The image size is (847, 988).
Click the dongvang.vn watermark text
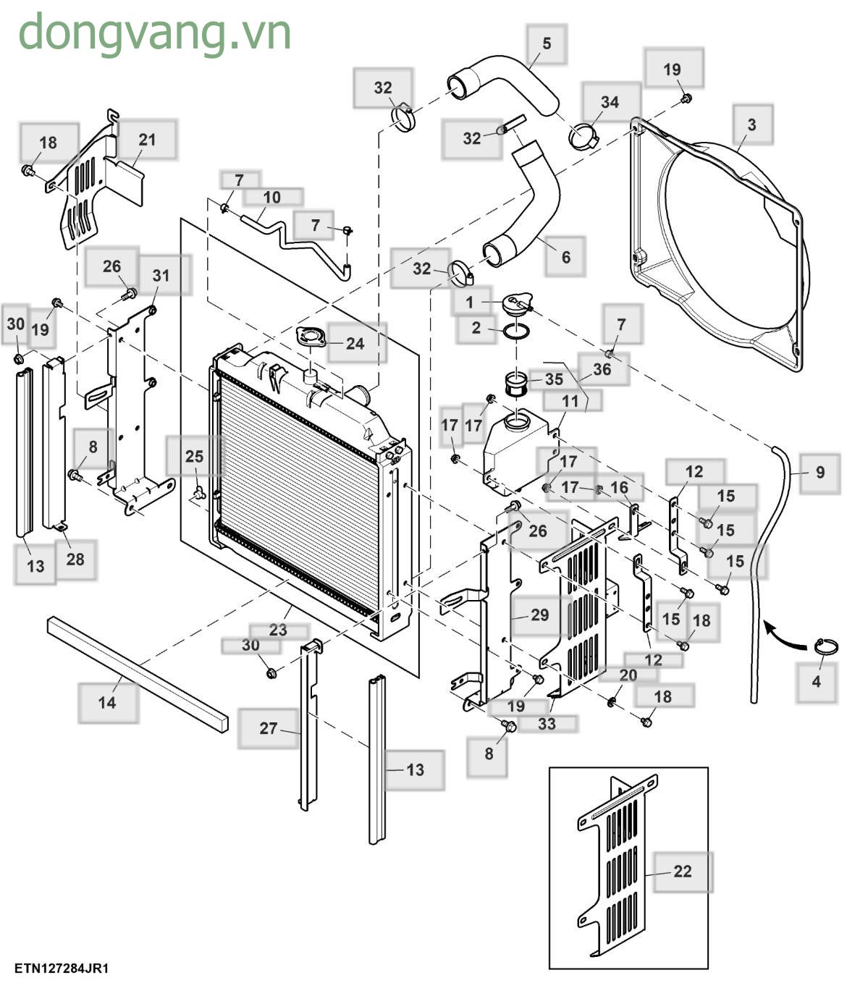(x=154, y=33)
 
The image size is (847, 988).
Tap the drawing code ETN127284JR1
(x=62, y=968)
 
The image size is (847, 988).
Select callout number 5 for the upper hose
(x=547, y=43)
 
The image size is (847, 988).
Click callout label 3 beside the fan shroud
(x=751, y=124)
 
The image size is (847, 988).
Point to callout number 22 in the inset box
(x=682, y=871)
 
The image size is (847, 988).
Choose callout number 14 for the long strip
(x=107, y=702)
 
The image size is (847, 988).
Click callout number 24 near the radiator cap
(x=355, y=343)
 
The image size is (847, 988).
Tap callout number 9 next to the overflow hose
(x=819, y=473)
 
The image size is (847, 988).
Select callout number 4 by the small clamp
(x=817, y=682)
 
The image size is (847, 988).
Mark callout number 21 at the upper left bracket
(x=147, y=140)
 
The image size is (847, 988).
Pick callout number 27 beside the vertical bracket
(x=268, y=728)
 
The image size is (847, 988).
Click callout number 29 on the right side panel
(x=540, y=615)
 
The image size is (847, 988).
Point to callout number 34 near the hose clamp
(x=610, y=102)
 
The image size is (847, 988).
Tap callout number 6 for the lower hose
(x=565, y=257)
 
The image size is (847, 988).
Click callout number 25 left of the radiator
(x=194, y=457)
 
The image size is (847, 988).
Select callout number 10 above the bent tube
(x=271, y=197)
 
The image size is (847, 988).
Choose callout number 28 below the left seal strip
(x=75, y=559)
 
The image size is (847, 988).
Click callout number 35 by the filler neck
(x=554, y=379)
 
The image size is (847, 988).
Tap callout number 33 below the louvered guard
(x=547, y=723)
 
